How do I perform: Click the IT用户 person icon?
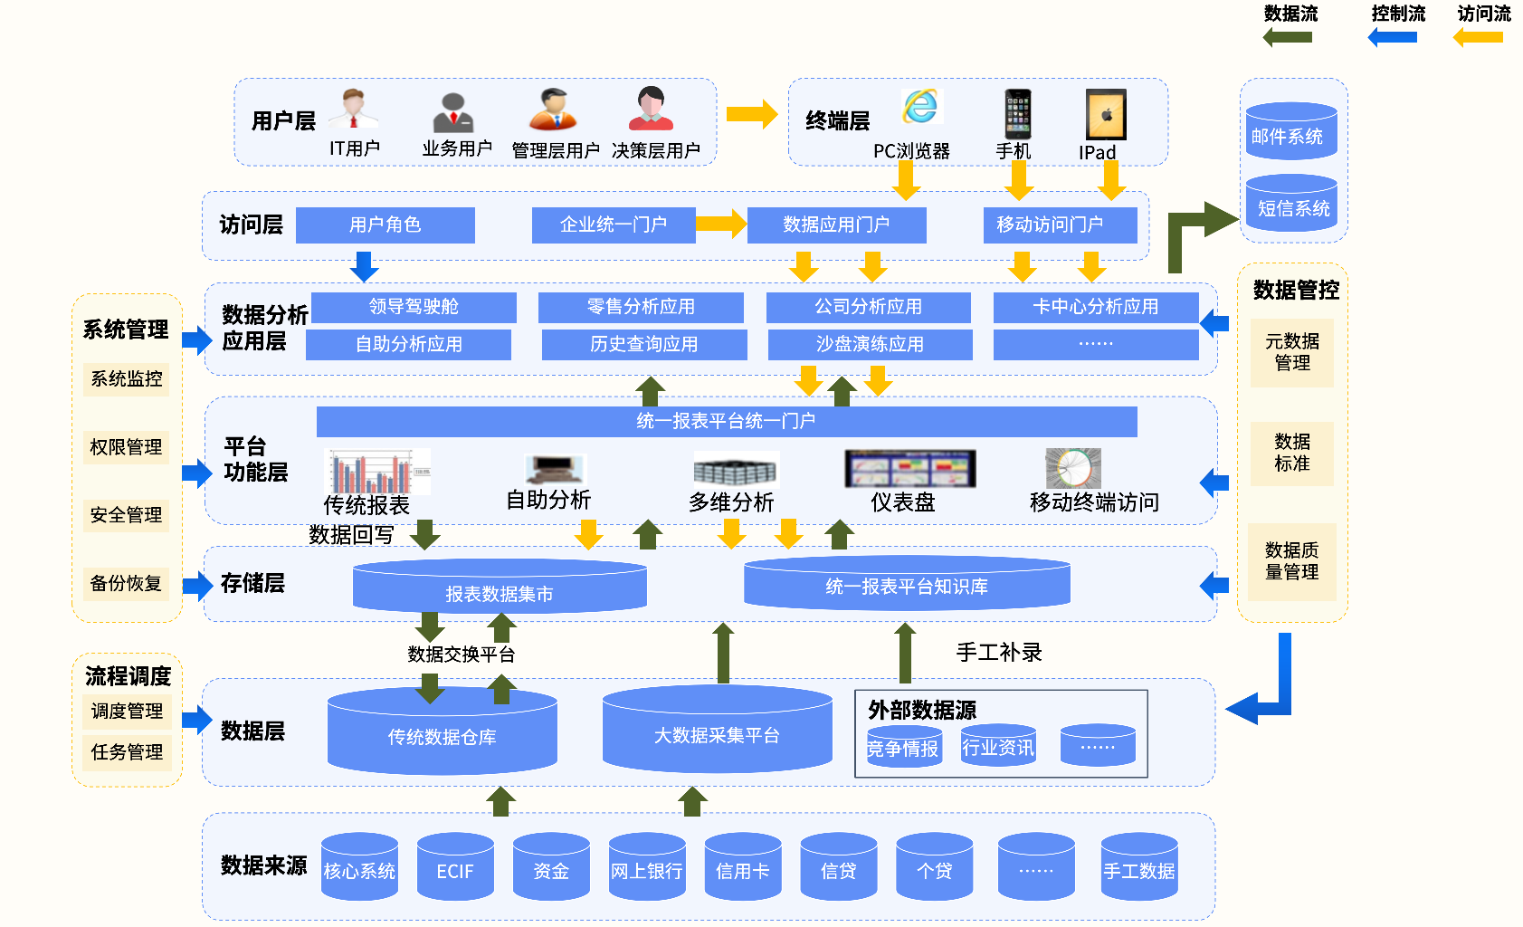[354, 110]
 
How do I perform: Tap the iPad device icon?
[1106, 114]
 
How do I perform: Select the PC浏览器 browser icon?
[920, 107]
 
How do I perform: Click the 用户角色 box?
[385, 225]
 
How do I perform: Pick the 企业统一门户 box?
[613, 225]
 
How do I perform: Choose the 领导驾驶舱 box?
[414, 307]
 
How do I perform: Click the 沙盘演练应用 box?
[870, 345]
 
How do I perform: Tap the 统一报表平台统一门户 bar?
[726, 421]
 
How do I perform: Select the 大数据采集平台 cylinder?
[717, 731]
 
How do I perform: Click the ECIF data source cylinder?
[455, 868]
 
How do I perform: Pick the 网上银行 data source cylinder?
[646, 868]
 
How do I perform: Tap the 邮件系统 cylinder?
[1291, 132]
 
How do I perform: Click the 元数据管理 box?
[1291, 352]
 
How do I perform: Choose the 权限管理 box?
[126, 447]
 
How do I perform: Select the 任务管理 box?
[127, 752]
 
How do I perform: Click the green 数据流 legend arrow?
[1287, 37]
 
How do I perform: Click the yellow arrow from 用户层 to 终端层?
[751, 114]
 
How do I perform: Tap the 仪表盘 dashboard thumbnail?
[909, 469]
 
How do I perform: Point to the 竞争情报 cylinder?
[903, 747]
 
